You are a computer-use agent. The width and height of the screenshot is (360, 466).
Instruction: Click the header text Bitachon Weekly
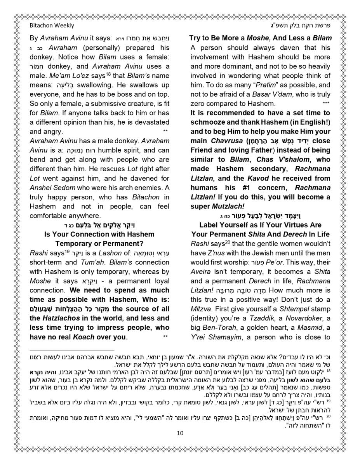tap(52, 26)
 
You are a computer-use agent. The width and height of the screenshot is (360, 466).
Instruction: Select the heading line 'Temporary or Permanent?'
tap(99, 243)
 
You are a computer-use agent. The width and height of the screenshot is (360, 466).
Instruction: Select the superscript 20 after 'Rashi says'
tap(223, 242)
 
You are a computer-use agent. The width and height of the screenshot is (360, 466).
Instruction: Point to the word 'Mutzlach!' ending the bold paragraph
tap(228, 206)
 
